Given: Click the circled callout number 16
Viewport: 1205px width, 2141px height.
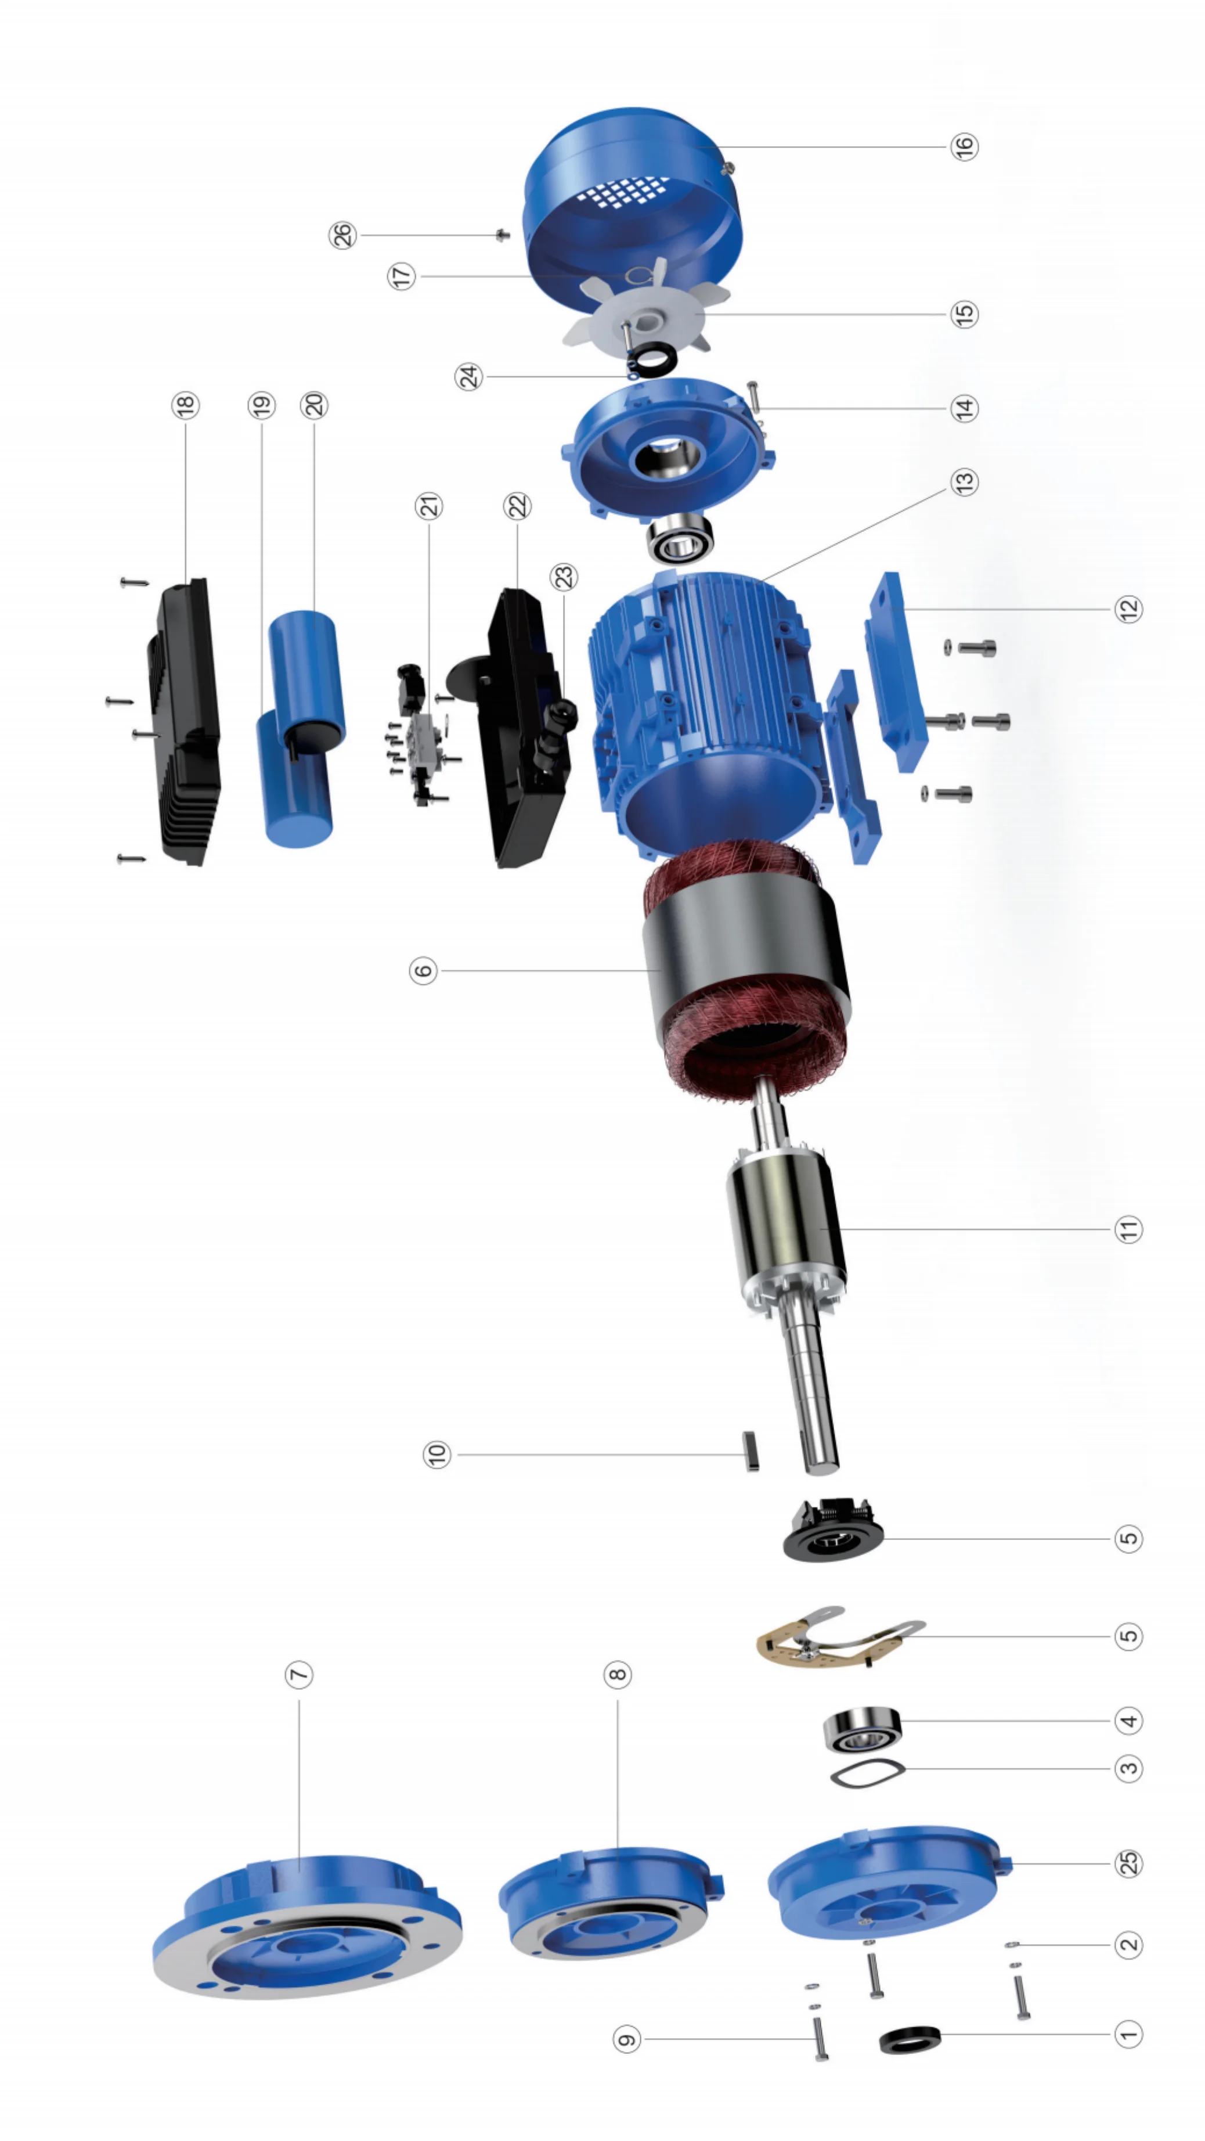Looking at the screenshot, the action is [x=964, y=146].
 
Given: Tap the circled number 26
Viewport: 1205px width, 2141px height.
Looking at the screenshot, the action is [x=343, y=235].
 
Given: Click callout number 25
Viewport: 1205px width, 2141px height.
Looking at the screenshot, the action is [x=1128, y=1863].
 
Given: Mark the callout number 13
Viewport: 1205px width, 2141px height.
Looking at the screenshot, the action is [x=964, y=482].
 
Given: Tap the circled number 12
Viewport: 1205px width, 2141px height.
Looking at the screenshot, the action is [x=1128, y=609].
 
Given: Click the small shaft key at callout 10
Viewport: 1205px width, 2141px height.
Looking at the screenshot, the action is [x=751, y=1451].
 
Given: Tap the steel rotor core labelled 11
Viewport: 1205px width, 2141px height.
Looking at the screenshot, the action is [x=785, y=1222].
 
